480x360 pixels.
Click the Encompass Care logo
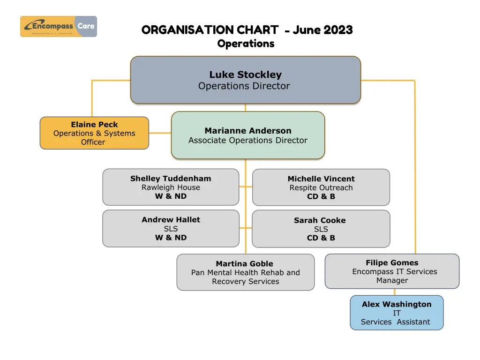click(59, 26)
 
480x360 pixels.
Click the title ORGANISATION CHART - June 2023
click(247, 30)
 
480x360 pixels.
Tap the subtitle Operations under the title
click(246, 44)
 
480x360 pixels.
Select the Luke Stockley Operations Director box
click(245, 80)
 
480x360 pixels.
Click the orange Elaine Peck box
click(94, 133)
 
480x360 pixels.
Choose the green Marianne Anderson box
click(247, 135)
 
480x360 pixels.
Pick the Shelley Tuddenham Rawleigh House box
click(171, 187)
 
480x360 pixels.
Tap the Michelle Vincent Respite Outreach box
click(321, 187)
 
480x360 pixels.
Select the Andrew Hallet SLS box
click(171, 229)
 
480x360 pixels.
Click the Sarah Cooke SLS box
click(321, 229)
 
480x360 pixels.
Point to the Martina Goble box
click(245, 272)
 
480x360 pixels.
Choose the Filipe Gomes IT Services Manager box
click(392, 271)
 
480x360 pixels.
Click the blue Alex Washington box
click(397, 313)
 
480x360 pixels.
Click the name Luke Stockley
click(245, 75)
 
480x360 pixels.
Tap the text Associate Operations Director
click(247, 140)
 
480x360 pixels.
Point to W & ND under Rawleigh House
click(171, 196)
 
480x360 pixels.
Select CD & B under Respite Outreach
click(321, 197)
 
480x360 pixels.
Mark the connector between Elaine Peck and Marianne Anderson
click(160, 133)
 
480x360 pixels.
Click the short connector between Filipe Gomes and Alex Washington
click(395, 292)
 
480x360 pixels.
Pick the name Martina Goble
click(244, 264)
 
